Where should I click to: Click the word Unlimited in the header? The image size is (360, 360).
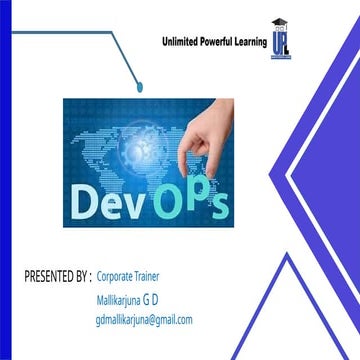click(x=182, y=43)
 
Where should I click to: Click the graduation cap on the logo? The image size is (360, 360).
click(x=279, y=24)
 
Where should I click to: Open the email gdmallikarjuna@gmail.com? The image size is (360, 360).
click(x=143, y=320)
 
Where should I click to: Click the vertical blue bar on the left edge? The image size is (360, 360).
click(x=4, y=180)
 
